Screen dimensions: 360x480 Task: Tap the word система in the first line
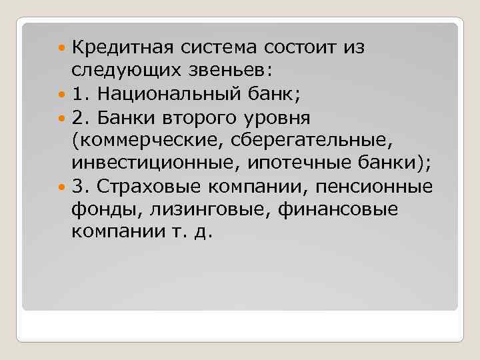click(x=218, y=48)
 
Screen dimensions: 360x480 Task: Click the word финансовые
click(x=341, y=210)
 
